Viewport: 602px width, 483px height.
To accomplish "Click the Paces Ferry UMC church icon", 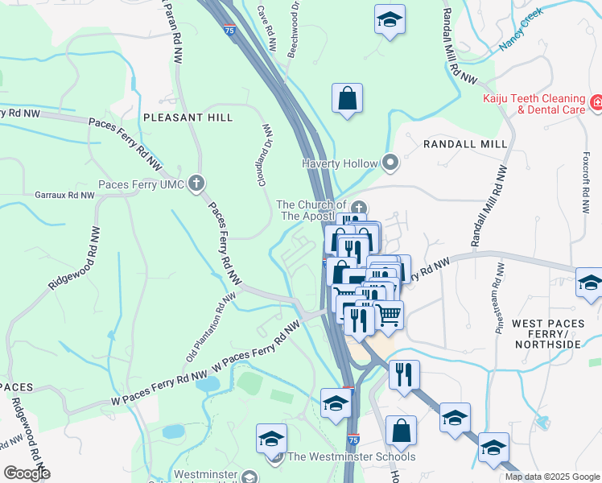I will tap(196, 184).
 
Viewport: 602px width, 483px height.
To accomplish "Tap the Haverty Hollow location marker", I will tap(390, 163).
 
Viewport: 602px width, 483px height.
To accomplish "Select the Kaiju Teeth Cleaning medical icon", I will tap(596, 103).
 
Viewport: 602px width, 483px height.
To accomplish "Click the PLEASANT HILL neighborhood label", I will tap(188, 118).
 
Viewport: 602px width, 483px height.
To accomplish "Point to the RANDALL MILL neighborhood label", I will tap(465, 144).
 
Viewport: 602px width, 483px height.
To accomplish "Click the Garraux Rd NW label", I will tap(64, 195).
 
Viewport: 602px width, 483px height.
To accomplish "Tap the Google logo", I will tap(27, 473).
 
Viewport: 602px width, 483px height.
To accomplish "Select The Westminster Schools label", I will tap(352, 457).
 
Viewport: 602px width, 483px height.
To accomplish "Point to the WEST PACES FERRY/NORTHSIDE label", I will tap(546, 333).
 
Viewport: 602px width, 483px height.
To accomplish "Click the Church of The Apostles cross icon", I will tap(359, 208).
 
